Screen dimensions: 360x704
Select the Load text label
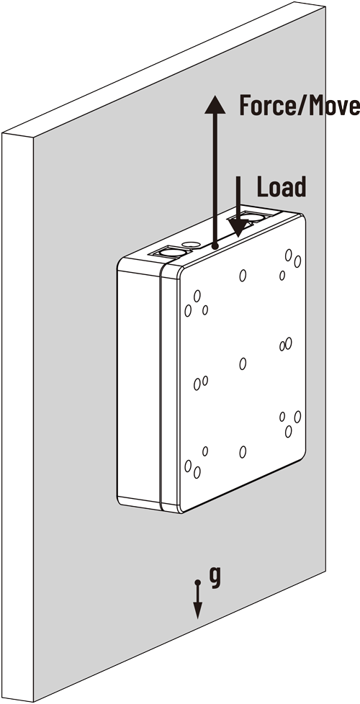click(282, 186)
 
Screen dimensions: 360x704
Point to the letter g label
click(216, 578)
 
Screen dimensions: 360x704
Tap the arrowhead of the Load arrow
click(238, 227)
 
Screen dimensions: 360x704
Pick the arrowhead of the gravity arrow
click(197, 611)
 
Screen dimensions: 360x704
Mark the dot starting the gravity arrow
click(197, 582)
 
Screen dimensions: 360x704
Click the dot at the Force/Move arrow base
click(215, 246)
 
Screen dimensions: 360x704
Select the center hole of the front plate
click(243, 364)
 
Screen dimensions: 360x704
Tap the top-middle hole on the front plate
click(243, 275)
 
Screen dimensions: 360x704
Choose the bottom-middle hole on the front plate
click(243, 452)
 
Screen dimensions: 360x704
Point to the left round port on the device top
click(173, 253)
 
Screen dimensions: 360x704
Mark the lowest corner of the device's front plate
click(181, 513)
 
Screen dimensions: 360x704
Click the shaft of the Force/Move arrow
click(215, 179)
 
